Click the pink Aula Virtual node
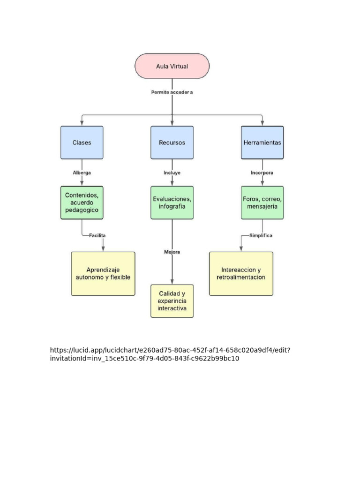(172, 66)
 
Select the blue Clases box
(82, 142)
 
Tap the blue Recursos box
(172, 142)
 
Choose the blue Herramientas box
(262, 142)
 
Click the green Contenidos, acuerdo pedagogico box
(82, 202)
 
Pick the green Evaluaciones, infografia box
(172, 202)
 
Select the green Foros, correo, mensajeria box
(262, 202)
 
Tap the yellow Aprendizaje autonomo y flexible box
(103, 274)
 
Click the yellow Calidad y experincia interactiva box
(172, 301)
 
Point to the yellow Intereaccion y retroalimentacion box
(241, 274)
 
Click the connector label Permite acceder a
(172, 92)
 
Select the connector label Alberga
(82, 172)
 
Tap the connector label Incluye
(172, 172)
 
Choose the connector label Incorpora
(262, 172)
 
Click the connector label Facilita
(97, 235)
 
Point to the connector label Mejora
(172, 252)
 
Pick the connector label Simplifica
(261, 235)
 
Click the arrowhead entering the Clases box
(82, 123)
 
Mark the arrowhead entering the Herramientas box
(262, 123)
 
